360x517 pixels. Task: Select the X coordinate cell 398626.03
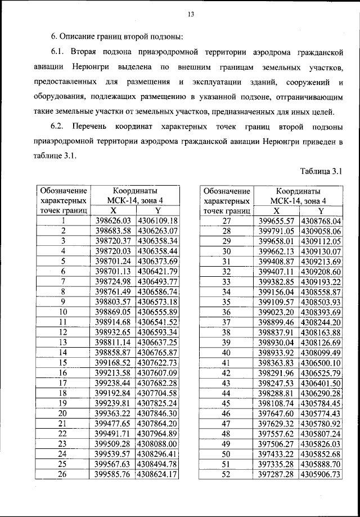(x=113, y=221)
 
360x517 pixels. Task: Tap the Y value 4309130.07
(x=321, y=251)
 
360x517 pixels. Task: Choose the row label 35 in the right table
(x=227, y=302)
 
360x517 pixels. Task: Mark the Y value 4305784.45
(x=321, y=403)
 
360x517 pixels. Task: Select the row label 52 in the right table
(x=227, y=474)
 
